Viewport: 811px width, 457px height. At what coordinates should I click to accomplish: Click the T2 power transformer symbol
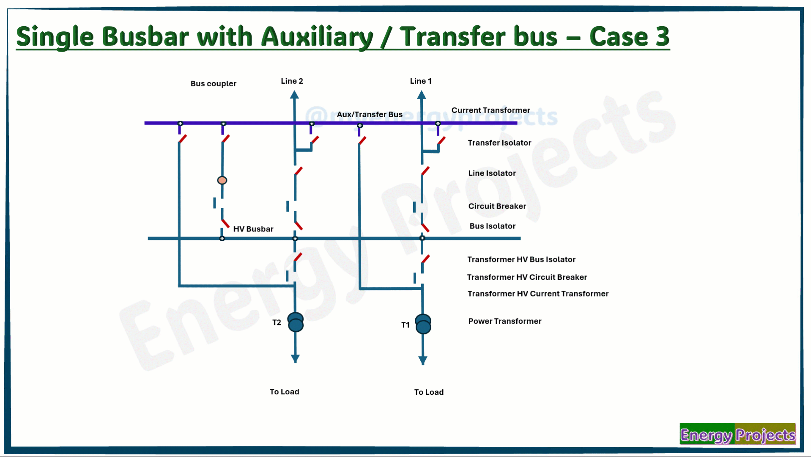point(296,322)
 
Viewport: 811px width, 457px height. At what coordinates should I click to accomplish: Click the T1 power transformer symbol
point(423,324)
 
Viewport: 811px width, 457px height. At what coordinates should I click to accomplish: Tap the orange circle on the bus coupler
point(222,180)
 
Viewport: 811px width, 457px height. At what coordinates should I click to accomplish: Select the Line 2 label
point(292,81)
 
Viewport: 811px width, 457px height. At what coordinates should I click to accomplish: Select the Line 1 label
point(421,81)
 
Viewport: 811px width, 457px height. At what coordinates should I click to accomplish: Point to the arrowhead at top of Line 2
point(294,95)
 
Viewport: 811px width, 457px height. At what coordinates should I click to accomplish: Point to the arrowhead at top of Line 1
point(422,95)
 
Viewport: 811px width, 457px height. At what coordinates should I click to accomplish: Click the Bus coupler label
point(213,84)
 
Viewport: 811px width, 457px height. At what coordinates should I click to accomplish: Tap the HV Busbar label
point(253,229)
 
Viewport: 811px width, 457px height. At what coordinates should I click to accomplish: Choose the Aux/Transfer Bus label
point(370,114)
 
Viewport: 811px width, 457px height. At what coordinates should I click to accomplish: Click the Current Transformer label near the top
point(490,110)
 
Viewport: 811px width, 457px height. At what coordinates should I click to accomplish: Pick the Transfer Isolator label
point(499,143)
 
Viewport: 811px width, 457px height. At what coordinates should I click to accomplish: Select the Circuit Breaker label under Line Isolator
point(497,206)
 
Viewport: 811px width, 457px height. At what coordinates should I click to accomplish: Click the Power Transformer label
point(505,321)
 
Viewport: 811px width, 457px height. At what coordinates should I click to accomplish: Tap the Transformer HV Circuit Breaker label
point(527,277)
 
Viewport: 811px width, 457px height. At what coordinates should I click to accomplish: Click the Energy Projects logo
point(738,434)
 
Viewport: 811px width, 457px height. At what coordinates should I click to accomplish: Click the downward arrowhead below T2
point(296,359)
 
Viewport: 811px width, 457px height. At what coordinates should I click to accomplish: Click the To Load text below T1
point(429,392)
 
